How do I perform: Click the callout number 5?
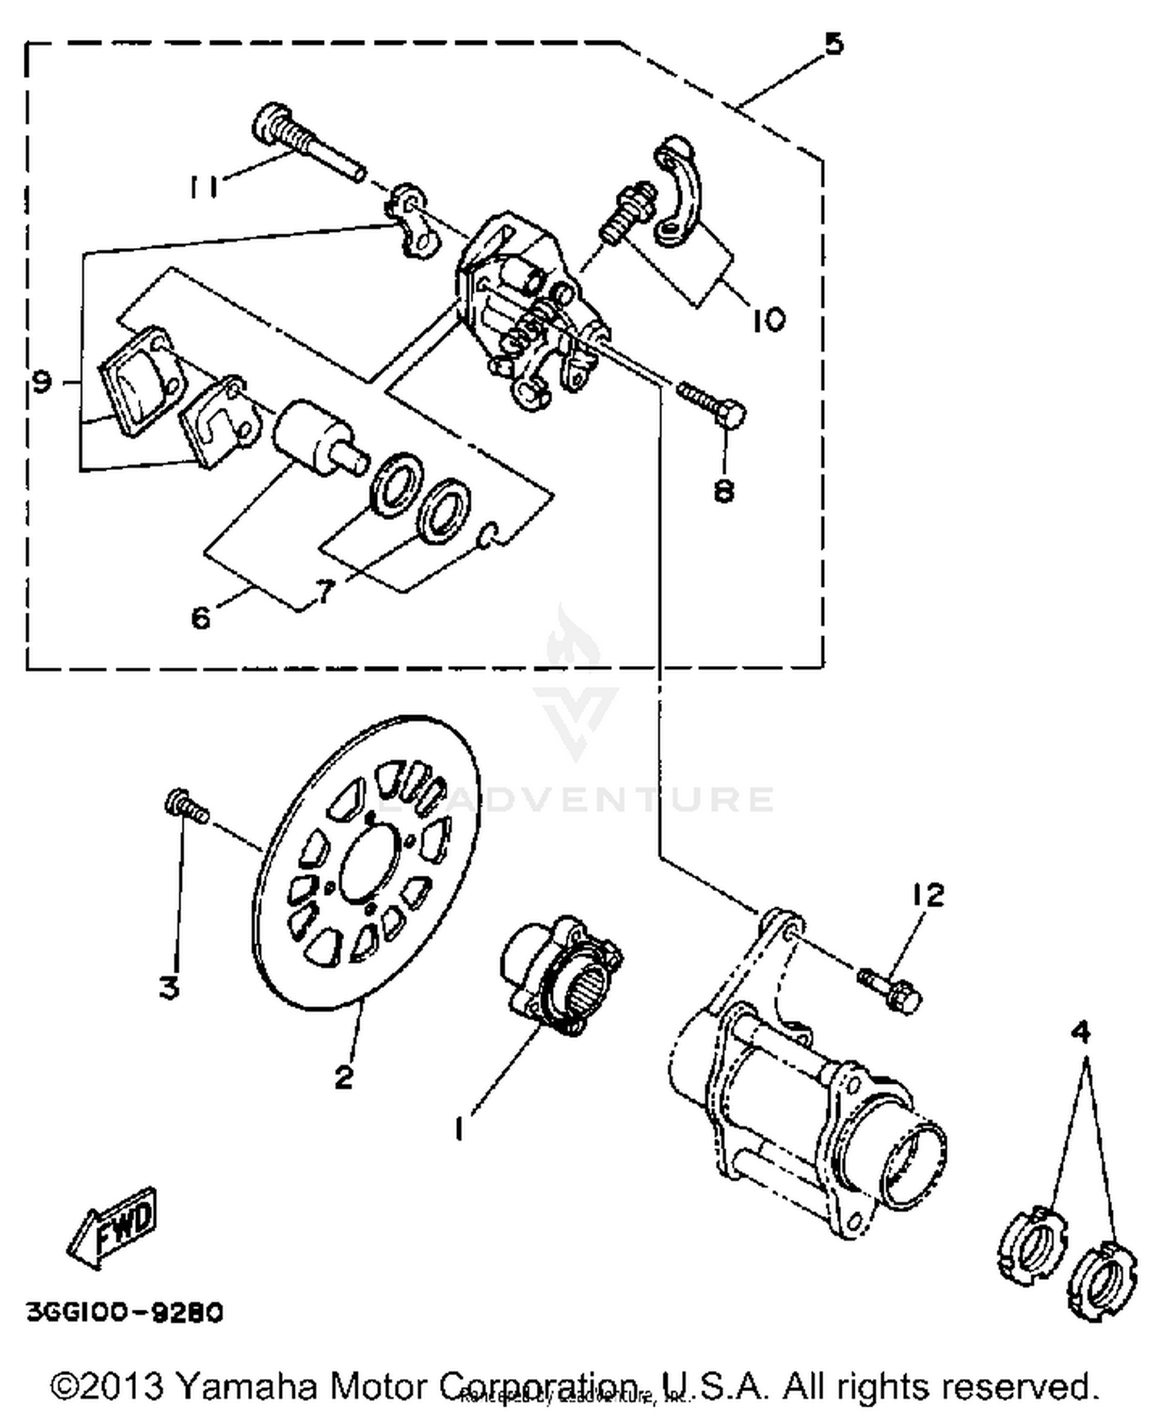[x=833, y=45]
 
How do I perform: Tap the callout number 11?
[x=204, y=184]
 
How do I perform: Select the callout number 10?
[x=767, y=318]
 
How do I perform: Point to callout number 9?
[x=43, y=379]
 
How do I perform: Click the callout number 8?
[x=723, y=490]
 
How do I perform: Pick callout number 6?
[x=200, y=616]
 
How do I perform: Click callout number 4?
[x=1080, y=1032]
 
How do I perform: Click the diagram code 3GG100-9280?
[x=125, y=1311]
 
